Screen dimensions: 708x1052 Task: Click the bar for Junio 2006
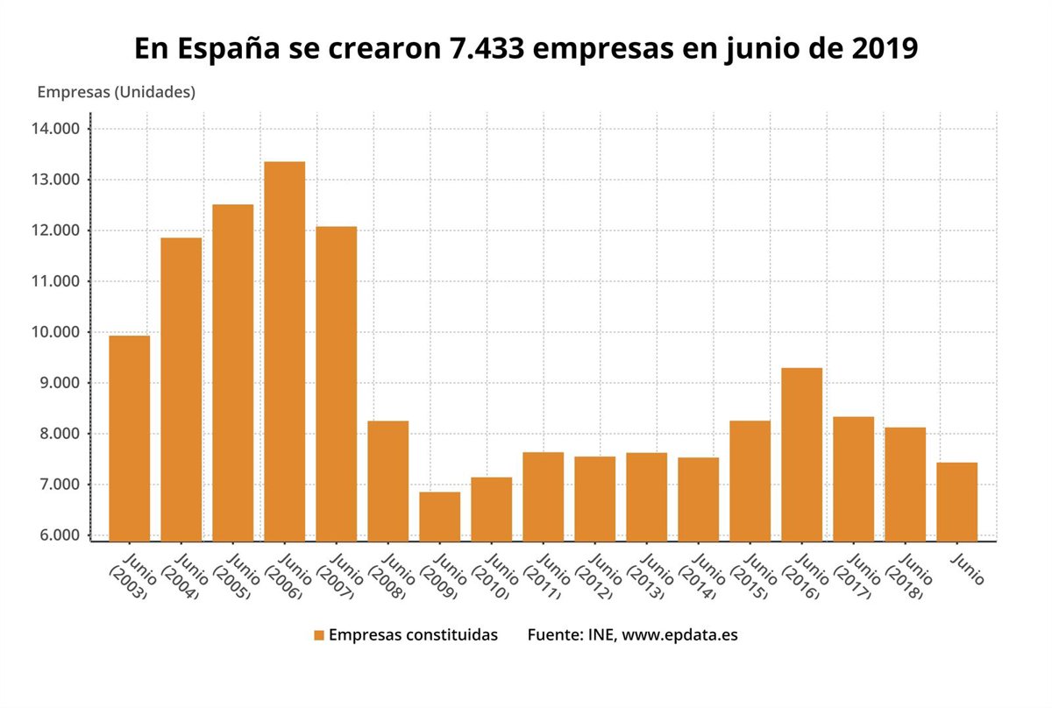284,350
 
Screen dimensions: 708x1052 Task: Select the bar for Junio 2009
439,516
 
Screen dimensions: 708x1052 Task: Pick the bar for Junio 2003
129,438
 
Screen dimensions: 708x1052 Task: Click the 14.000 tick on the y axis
54,129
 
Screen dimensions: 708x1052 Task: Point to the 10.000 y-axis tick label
54,332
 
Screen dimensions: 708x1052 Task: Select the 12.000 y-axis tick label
54,230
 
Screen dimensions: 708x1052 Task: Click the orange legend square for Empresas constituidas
319,635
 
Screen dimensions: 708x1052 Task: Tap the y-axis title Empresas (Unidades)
116,91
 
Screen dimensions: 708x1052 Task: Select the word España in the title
231,48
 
